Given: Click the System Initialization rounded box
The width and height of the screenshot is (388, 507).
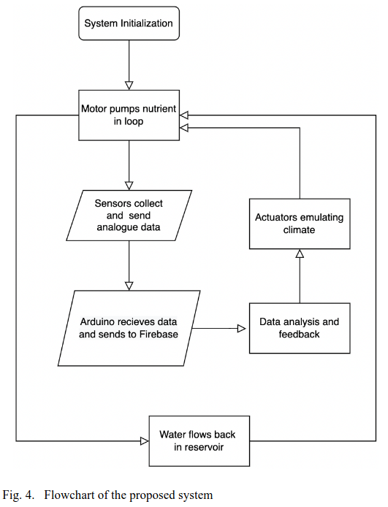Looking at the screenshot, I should [128, 23].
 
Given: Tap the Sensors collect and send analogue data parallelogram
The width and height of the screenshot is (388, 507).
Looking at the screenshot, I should [129, 215].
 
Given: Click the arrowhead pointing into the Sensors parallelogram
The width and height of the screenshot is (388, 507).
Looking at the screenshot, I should [129, 183].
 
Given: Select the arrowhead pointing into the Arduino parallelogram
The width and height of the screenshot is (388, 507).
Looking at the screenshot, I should [129, 283].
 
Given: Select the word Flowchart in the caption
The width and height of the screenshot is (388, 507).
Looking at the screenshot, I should [69, 495].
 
